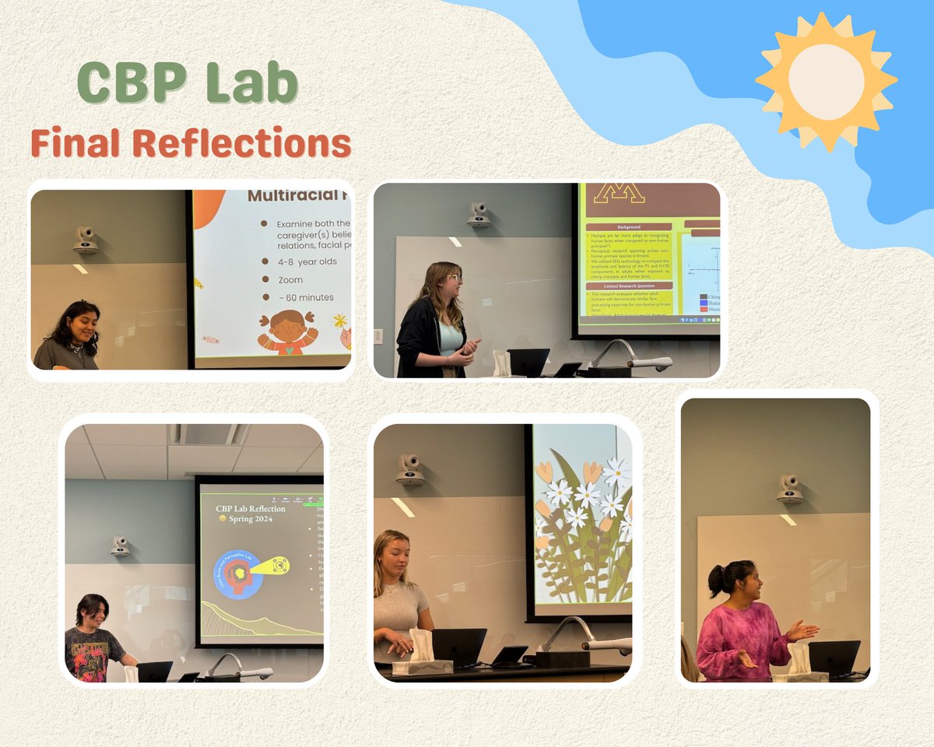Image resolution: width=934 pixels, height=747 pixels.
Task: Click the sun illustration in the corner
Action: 826,80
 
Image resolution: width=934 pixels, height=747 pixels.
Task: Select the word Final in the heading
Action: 76,144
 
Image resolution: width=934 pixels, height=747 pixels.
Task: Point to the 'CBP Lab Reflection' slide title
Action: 251,509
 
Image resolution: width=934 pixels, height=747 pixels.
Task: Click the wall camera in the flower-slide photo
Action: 410,469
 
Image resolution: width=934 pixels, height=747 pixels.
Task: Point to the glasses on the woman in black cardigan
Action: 455,278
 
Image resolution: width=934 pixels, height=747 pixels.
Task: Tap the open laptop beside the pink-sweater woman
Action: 834,658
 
